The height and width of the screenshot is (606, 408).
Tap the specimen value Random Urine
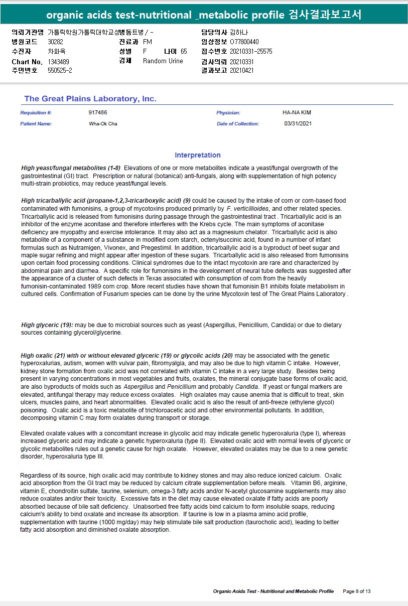point(163,61)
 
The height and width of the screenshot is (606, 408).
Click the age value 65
point(184,51)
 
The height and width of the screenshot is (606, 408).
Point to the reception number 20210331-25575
point(251,51)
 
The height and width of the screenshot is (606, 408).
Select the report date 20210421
point(242,70)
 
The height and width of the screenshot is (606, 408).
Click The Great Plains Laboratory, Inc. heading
point(90,99)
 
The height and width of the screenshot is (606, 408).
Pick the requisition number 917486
point(98,113)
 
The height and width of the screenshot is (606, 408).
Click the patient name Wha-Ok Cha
point(103,123)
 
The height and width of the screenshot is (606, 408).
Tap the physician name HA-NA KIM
point(297,113)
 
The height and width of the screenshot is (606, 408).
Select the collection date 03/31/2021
point(298,123)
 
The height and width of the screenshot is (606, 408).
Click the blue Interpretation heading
point(198,155)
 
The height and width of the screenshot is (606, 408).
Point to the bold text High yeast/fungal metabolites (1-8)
point(71,168)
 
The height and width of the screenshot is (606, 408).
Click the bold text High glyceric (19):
point(47,325)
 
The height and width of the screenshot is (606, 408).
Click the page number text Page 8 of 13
point(356,591)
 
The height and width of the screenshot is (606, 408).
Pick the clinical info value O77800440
point(244,42)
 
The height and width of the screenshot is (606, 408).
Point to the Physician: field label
point(228,113)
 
